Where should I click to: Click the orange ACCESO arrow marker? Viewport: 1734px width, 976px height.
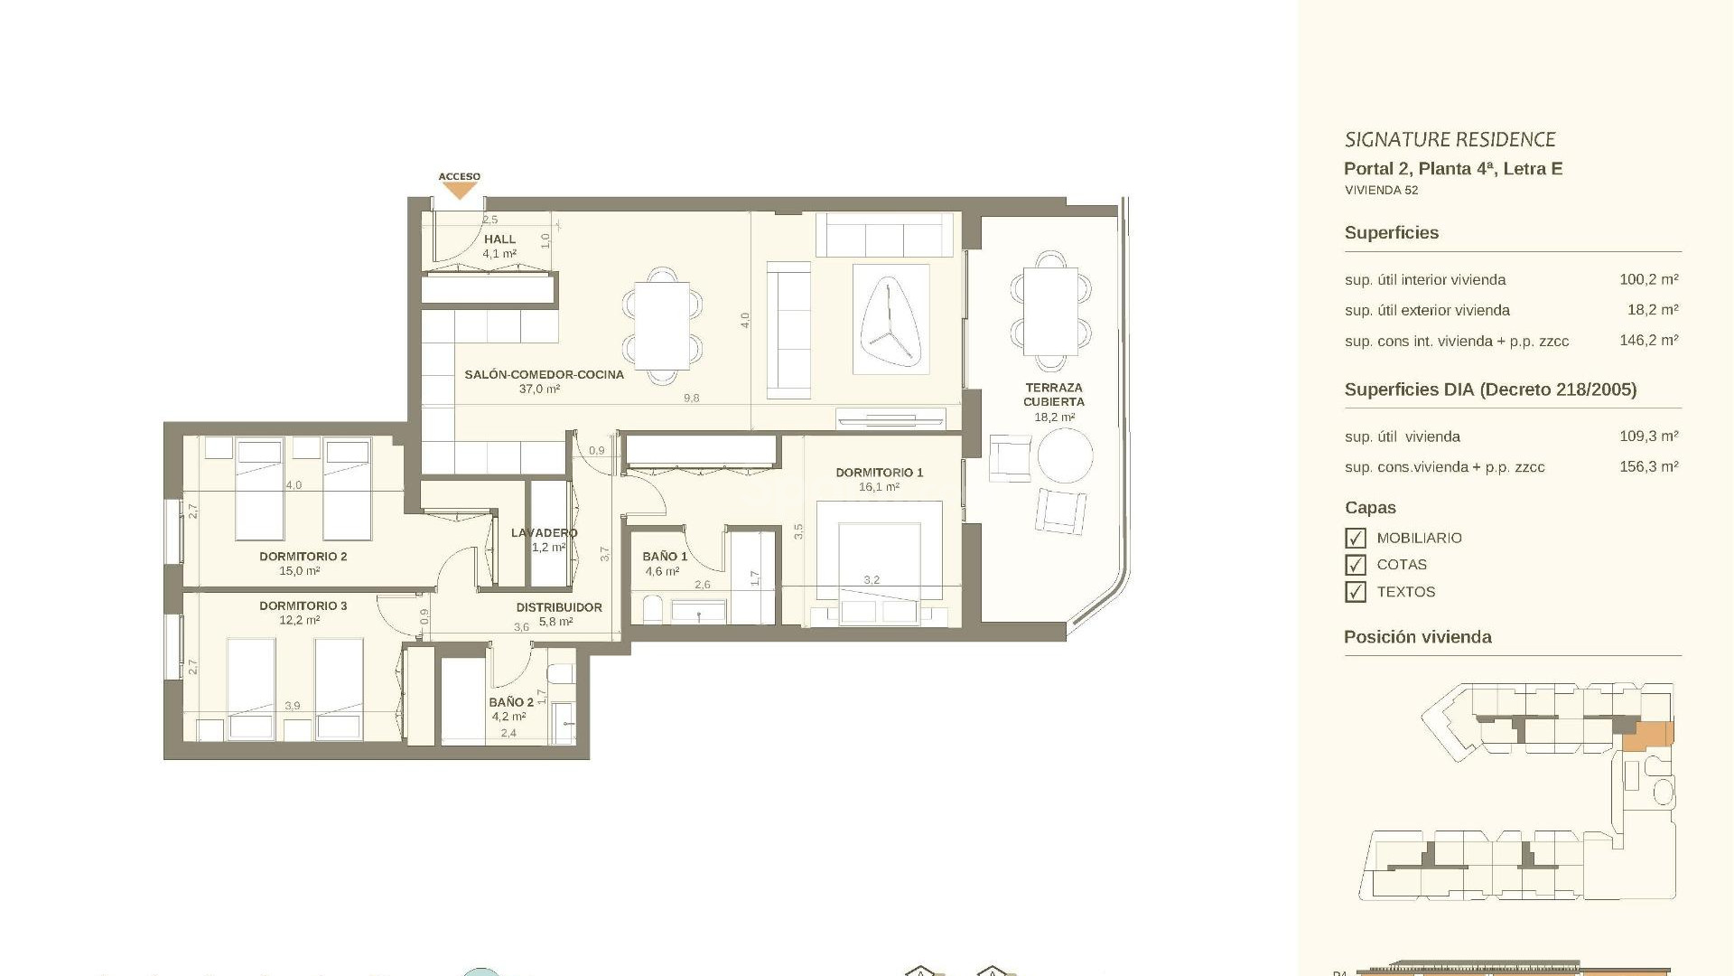tap(460, 191)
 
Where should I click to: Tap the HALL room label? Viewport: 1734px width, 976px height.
tap(499, 239)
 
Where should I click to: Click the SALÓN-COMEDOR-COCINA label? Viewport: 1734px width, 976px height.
tap(544, 374)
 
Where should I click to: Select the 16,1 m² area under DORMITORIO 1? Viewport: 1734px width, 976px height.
tap(878, 487)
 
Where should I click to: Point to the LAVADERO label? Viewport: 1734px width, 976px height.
tap(544, 533)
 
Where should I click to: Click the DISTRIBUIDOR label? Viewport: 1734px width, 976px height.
tap(558, 607)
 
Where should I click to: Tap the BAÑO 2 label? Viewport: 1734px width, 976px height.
tap(510, 702)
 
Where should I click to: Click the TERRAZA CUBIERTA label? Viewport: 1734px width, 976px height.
tap(1053, 395)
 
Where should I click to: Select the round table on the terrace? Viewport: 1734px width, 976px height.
tap(1065, 455)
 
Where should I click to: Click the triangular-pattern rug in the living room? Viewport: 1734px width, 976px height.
tap(890, 318)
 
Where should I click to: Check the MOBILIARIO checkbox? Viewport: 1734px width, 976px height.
tap(1355, 539)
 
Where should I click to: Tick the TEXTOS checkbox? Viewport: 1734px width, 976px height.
tap(1355, 592)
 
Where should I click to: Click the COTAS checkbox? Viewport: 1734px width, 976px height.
tap(1355, 565)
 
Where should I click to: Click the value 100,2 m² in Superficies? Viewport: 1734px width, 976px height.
tap(1648, 280)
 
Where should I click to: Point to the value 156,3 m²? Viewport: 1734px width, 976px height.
tap(1648, 467)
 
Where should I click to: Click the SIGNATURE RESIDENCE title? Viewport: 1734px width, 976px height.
tap(1450, 140)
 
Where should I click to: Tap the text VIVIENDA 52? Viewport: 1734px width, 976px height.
tap(1381, 191)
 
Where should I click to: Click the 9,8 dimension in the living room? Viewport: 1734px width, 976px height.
tap(691, 399)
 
